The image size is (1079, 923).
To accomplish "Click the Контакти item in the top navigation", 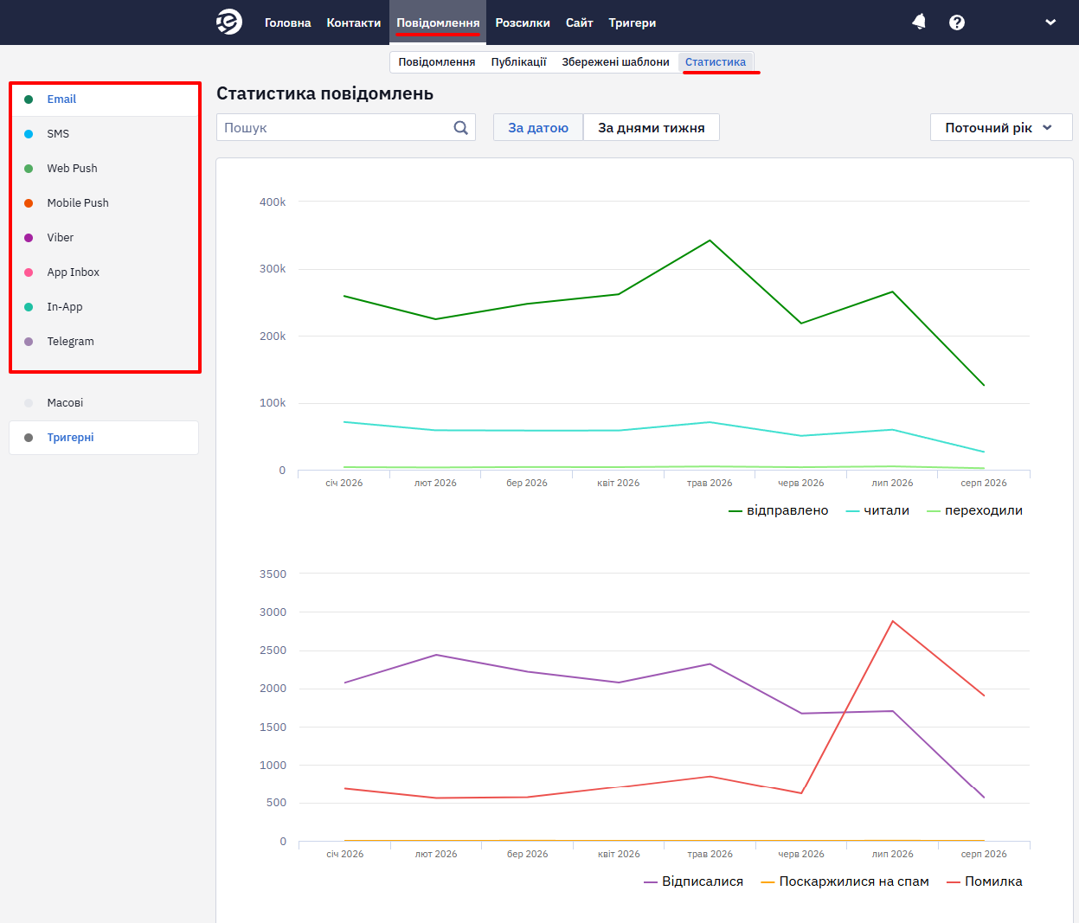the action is click(x=353, y=23).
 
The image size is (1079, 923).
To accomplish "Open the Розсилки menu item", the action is click(x=522, y=23).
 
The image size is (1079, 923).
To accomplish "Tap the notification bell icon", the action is click(x=919, y=22).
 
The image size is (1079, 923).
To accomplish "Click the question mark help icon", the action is click(x=956, y=22).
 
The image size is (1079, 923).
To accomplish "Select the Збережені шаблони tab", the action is click(x=615, y=62).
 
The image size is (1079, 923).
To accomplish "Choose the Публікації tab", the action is click(x=518, y=62).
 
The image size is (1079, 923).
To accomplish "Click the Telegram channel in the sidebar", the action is click(x=70, y=341).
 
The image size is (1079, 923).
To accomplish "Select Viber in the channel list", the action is click(x=60, y=237).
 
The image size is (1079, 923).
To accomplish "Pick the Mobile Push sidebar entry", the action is click(x=78, y=203).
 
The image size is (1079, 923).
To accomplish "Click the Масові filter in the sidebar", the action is click(x=65, y=403).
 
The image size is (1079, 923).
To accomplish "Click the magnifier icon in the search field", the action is click(x=460, y=128).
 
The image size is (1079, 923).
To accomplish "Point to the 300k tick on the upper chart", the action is click(x=273, y=269).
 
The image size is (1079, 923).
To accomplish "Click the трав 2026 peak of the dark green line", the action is click(x=710, y=240).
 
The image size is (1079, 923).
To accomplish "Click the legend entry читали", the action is click(x=877, y=510).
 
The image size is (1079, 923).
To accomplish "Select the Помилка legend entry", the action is click(x=985, y=881).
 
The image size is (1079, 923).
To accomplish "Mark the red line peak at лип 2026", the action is click(x=893, y=621).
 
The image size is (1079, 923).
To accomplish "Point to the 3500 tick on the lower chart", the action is click(x=273, y=574).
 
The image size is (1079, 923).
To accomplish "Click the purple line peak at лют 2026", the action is click(x=436, y=655).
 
